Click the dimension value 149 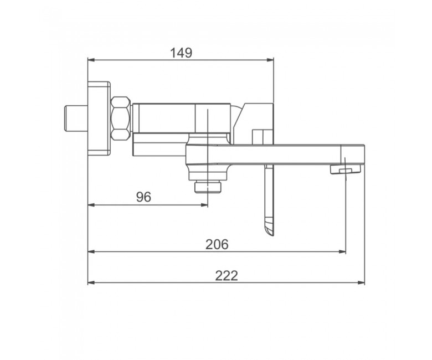click(x=181, y=53)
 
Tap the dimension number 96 click(x=144, y=197)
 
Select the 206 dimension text click(x=217, y=244)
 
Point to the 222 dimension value click(x=226, y=276)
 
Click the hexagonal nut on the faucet click(x=120, y=118)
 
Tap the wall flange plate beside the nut click(x=99, y=119)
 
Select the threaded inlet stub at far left click(x=76, y=118)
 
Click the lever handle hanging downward click(x=269, y=200)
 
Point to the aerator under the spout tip click(x=346, y=169)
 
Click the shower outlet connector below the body click(x=208, y=187)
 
